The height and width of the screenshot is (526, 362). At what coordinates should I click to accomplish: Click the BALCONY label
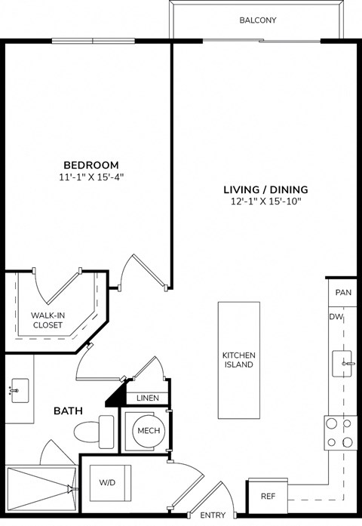(257, 20)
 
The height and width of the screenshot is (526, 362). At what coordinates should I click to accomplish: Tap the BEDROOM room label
(90, 165)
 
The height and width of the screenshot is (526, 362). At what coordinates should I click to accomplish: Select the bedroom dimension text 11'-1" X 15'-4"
(90, 177)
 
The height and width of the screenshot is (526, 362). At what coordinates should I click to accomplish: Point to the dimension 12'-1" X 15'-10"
(265, 201)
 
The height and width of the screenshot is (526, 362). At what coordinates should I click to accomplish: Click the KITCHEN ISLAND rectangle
(238, 360)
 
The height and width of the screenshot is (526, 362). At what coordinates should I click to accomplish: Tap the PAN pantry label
(343, 292)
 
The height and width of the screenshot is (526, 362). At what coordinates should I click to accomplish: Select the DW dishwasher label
(336, 317)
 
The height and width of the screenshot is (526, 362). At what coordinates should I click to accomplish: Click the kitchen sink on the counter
(343, 364)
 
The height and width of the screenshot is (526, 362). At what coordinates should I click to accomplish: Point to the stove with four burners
(339, 433)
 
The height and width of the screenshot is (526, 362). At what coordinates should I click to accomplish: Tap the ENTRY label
(213, 515)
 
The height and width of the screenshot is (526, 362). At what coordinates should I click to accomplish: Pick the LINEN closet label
(146, 398)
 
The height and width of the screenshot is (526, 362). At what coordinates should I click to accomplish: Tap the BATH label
(68, 411)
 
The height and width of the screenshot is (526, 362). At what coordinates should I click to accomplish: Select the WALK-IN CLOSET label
(47, 320)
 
